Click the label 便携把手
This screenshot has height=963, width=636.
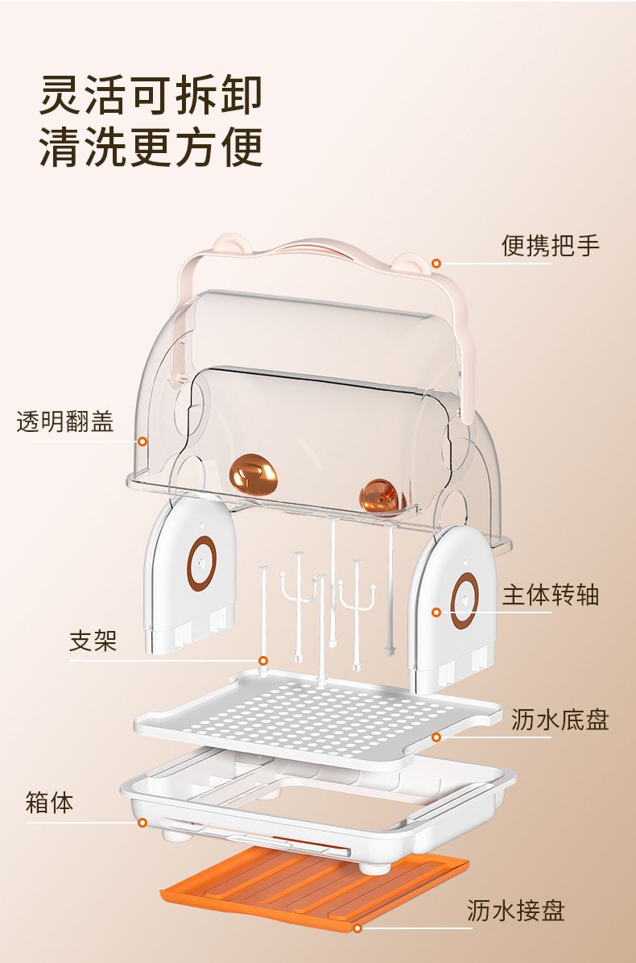point(551,245)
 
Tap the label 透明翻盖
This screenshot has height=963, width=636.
point(65,421)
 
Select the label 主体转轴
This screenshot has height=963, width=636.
point(551,596)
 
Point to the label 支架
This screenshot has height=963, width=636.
point(93,641)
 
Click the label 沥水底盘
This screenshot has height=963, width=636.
point(560,719)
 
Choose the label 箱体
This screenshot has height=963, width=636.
point(50,803)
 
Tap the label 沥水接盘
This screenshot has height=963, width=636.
point(516,911)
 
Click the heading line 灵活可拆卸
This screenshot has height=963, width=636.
point(151,95)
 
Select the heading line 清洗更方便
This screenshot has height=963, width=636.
point(151,147)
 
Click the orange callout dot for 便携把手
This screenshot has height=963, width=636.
point(436,263)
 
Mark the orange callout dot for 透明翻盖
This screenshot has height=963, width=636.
point(142,441)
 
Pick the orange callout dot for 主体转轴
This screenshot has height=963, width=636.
point(436,612)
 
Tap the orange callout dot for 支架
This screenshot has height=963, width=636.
point(262,661)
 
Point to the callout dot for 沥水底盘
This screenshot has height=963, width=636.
point(436,737)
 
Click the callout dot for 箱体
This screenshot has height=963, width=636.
point(142,823)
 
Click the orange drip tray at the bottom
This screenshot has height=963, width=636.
point(314,886)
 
